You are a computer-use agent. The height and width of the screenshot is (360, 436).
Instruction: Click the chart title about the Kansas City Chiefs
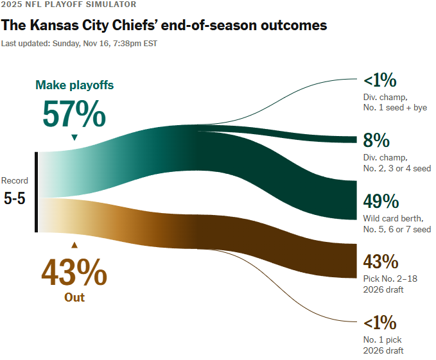point(164,26)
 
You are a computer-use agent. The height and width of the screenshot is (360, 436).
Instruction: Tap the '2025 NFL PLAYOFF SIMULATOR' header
point(69,4)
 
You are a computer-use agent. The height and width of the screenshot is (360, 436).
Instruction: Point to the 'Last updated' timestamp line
point(79,44)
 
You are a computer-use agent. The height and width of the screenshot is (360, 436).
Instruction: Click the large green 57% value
point(74,115)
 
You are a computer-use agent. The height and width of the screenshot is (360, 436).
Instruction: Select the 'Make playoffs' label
point(74,85)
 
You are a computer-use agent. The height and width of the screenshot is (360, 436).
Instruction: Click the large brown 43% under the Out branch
point(74,272)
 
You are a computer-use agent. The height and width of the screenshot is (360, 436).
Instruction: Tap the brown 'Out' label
point(74,297)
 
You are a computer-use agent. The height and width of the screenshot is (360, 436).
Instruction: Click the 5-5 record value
point(15,198)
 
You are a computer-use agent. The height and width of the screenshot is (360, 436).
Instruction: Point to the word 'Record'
point(15,181)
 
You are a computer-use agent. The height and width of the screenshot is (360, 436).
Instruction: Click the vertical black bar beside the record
point(37,192)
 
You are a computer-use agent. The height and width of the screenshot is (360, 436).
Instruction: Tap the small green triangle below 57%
point(74,137)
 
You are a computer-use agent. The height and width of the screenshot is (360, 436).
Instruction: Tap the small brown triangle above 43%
point(74,244)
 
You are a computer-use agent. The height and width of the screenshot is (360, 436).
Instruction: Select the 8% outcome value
point(377,141)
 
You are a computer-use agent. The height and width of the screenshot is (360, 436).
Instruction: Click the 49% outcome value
point(381,201)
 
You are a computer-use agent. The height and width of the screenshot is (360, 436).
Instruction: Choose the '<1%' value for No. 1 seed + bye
point(380,81)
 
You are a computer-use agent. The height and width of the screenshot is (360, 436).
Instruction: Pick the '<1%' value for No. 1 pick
point(380,322)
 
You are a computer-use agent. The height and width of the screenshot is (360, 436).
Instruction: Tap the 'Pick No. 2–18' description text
point(389,279)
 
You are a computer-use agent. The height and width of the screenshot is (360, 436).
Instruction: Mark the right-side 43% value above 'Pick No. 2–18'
point(381,262)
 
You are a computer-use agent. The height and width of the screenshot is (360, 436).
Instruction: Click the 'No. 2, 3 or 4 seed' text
point(397,168)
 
